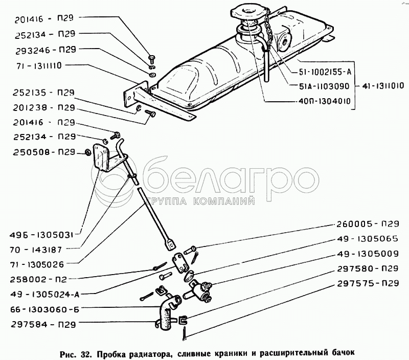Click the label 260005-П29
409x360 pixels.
[x=367, y=224]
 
